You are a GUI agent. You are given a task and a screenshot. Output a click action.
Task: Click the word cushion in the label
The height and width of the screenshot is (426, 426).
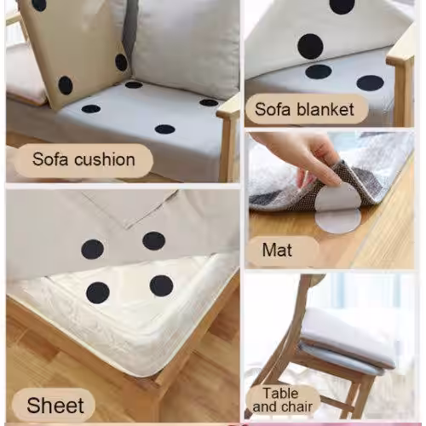pos(105,159)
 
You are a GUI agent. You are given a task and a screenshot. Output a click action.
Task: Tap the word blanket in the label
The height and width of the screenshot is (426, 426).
pos(325,110)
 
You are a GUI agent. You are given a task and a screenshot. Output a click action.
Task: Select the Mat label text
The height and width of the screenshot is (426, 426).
pos(277,250)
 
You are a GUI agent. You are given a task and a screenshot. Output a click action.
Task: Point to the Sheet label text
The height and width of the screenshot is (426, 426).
pos(55,406)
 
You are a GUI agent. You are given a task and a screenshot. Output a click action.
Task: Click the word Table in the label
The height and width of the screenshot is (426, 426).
pos(280,394)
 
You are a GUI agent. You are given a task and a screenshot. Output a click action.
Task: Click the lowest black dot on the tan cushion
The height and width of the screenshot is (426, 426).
pos(66,85)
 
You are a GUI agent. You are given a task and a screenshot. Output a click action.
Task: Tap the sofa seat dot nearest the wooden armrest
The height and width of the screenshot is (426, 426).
pos(209,102)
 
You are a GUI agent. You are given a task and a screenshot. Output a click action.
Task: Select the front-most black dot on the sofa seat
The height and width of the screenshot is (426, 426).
pos(165,130)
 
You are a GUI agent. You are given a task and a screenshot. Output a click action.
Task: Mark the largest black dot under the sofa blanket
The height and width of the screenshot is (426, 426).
pos(310,47)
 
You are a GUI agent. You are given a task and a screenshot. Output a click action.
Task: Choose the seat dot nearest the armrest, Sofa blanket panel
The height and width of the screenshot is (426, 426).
pos(371,83)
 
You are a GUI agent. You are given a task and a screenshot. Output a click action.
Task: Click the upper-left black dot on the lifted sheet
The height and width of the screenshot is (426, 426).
pos(92,250)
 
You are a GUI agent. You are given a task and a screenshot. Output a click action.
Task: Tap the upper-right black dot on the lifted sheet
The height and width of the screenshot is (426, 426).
pos(154,241)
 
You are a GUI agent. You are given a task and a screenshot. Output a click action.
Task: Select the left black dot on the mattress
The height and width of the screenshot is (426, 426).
pos(98,293)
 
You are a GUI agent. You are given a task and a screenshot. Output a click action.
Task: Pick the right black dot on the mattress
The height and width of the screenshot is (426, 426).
pos(162,285)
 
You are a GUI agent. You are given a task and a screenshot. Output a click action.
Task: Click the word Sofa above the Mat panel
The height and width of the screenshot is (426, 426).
pos(272,109)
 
